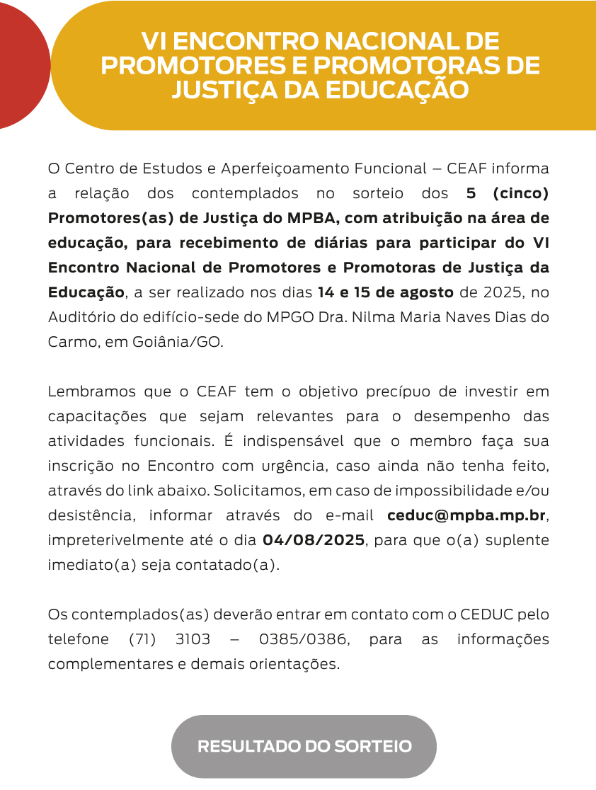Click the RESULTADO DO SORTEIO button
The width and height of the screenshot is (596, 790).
(x=304, y=747)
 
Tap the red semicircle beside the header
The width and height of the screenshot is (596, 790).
(x=21, y=65)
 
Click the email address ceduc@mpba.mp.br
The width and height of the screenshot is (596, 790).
(x=466, y=515)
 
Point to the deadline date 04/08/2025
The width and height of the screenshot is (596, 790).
(x=314, y=539)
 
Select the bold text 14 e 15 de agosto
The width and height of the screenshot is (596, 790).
(x=386, y=292)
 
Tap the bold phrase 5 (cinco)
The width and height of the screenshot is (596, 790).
(x=508, y=193)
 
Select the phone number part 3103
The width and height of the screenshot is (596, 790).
(x=193, y=639)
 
